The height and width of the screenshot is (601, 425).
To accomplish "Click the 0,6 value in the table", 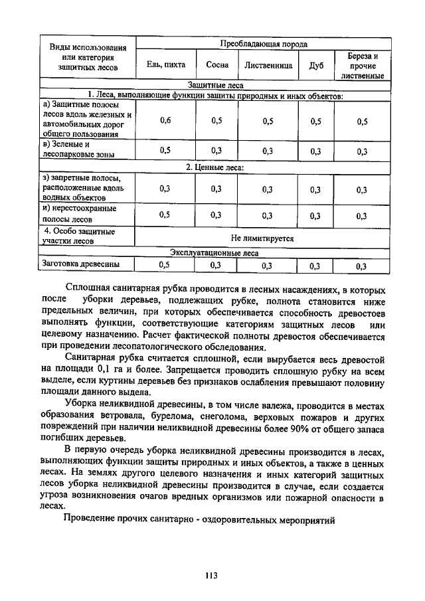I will coord(165,121).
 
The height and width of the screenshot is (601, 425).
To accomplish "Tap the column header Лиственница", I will coord(268,65).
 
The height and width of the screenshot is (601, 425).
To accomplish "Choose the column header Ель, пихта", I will coord(165,65).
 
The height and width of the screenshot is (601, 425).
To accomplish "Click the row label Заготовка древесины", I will coord(81,264).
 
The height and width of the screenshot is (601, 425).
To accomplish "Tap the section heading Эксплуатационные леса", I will coord(214,252).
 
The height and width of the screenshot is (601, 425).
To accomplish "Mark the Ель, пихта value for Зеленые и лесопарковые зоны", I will coord(165,150).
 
